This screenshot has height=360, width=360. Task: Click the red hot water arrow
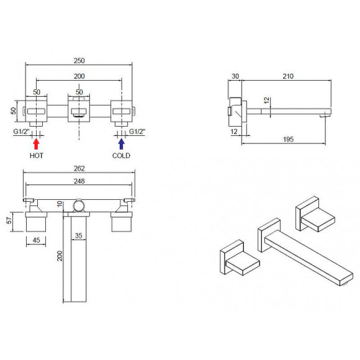(36, 144)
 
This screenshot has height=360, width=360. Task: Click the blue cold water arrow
(122, 144)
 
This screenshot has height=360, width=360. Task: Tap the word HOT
(37, 156)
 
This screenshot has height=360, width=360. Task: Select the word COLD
(121, 156)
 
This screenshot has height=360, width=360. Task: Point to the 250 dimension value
(79, 61)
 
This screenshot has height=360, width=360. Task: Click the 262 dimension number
(79, 169)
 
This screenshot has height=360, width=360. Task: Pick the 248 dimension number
(79, 181)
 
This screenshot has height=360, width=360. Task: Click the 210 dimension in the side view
(288, 76)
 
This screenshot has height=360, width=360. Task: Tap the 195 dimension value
(289, 139)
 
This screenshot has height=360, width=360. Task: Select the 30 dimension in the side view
(235, 76)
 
